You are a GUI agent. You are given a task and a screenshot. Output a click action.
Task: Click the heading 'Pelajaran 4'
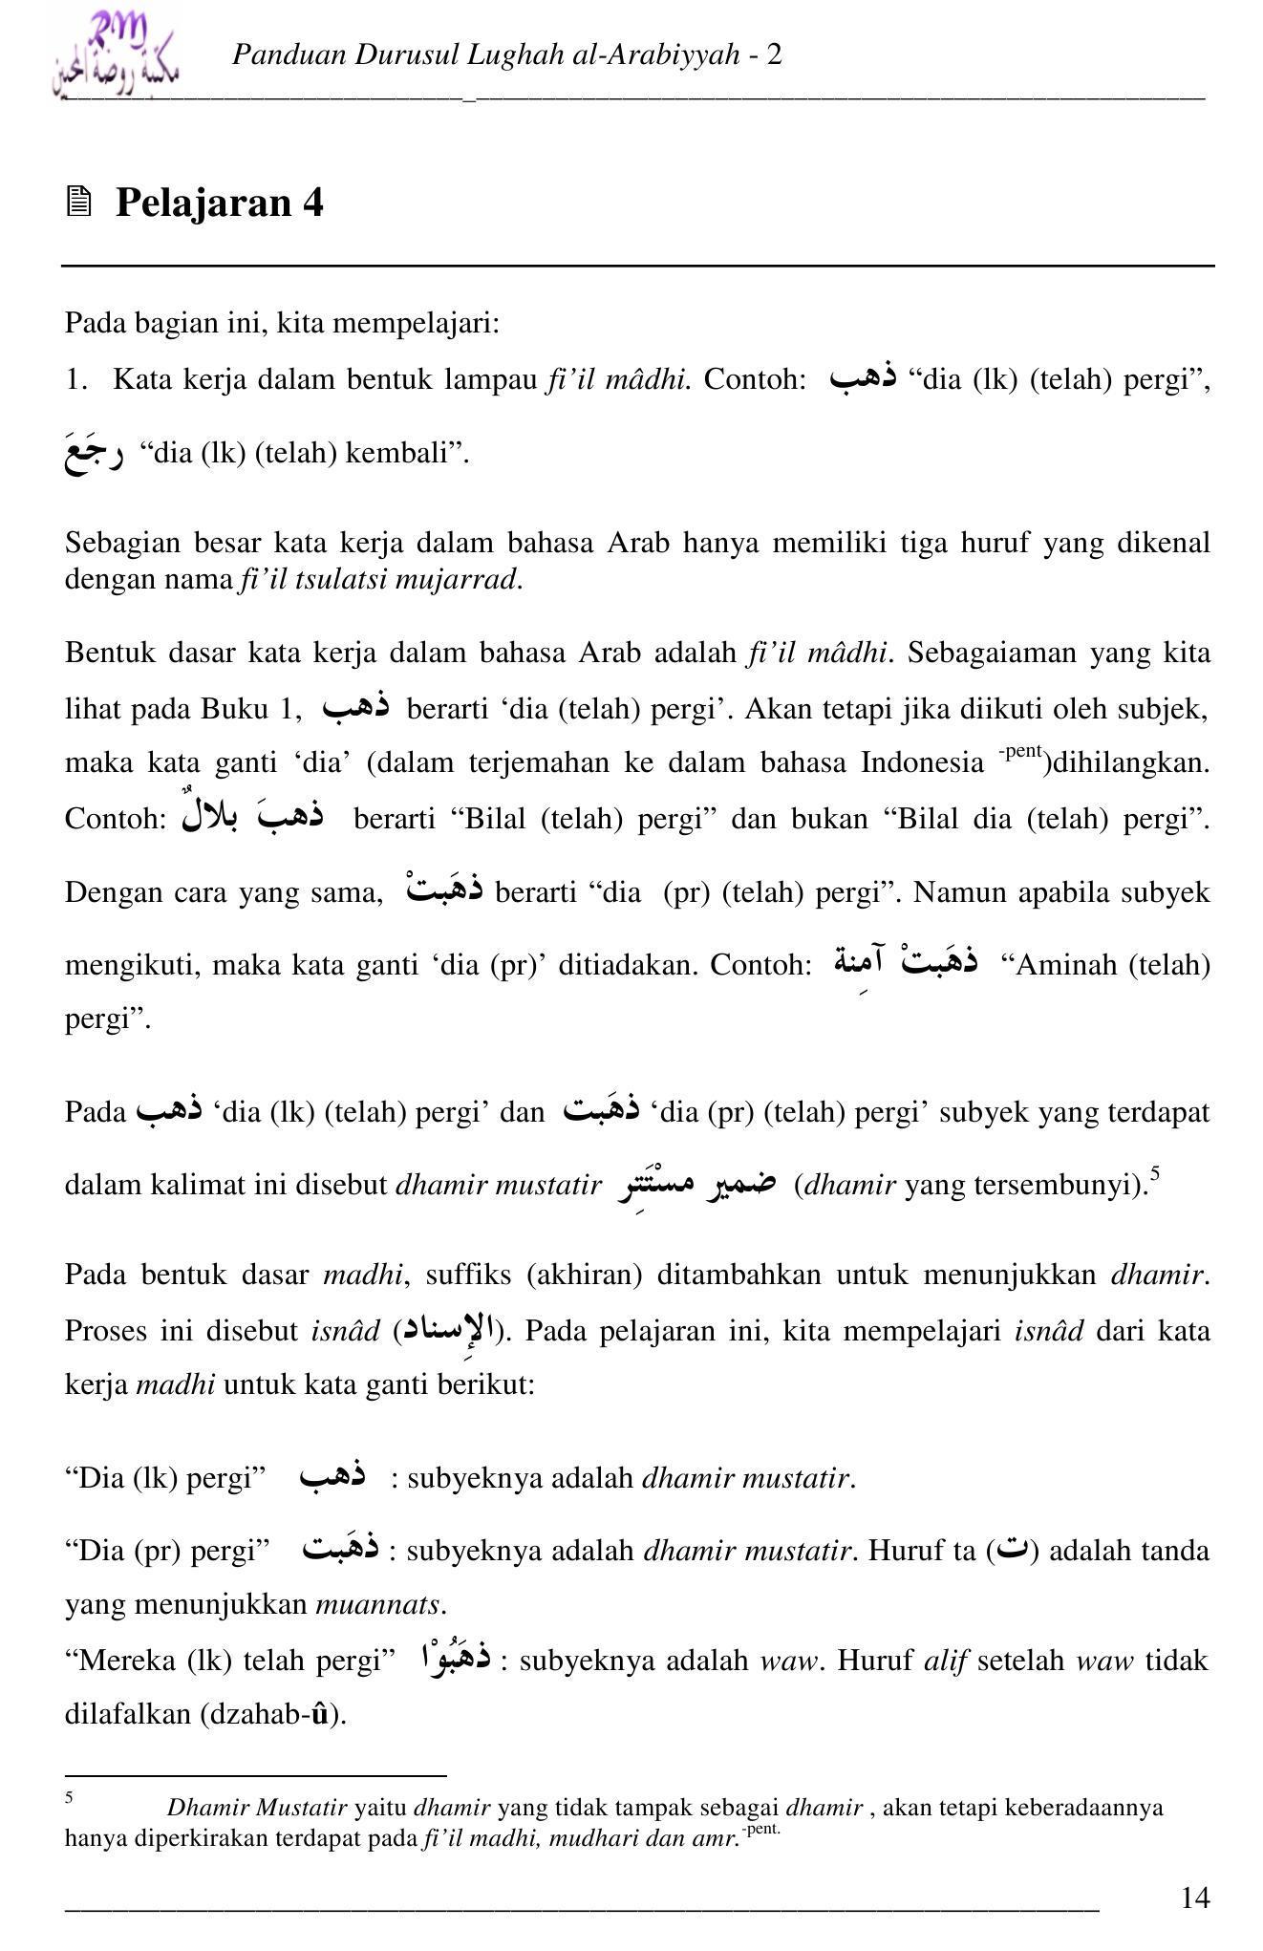219,203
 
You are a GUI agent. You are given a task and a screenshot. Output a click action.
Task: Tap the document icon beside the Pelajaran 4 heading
79,202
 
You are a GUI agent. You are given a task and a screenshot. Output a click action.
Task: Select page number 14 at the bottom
1194,1897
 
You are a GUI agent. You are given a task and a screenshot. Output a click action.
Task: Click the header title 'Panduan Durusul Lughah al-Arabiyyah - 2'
506,54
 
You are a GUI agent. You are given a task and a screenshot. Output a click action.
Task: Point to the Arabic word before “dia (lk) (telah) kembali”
94,453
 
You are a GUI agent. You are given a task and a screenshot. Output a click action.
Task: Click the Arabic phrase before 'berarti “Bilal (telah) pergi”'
253,815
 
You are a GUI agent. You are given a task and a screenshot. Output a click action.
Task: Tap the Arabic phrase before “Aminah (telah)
906,961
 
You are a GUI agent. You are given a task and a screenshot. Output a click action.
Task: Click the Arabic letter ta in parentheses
1016,1549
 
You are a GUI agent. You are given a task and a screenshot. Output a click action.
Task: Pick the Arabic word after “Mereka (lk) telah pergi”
456,1658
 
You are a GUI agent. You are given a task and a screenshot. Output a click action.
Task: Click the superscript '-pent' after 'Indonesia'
1020,751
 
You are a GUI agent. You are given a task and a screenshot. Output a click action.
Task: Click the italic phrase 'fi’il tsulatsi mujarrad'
378,579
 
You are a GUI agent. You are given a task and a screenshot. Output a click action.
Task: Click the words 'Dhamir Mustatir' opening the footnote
256,1808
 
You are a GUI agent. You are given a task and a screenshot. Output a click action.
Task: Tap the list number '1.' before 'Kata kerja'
76,380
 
